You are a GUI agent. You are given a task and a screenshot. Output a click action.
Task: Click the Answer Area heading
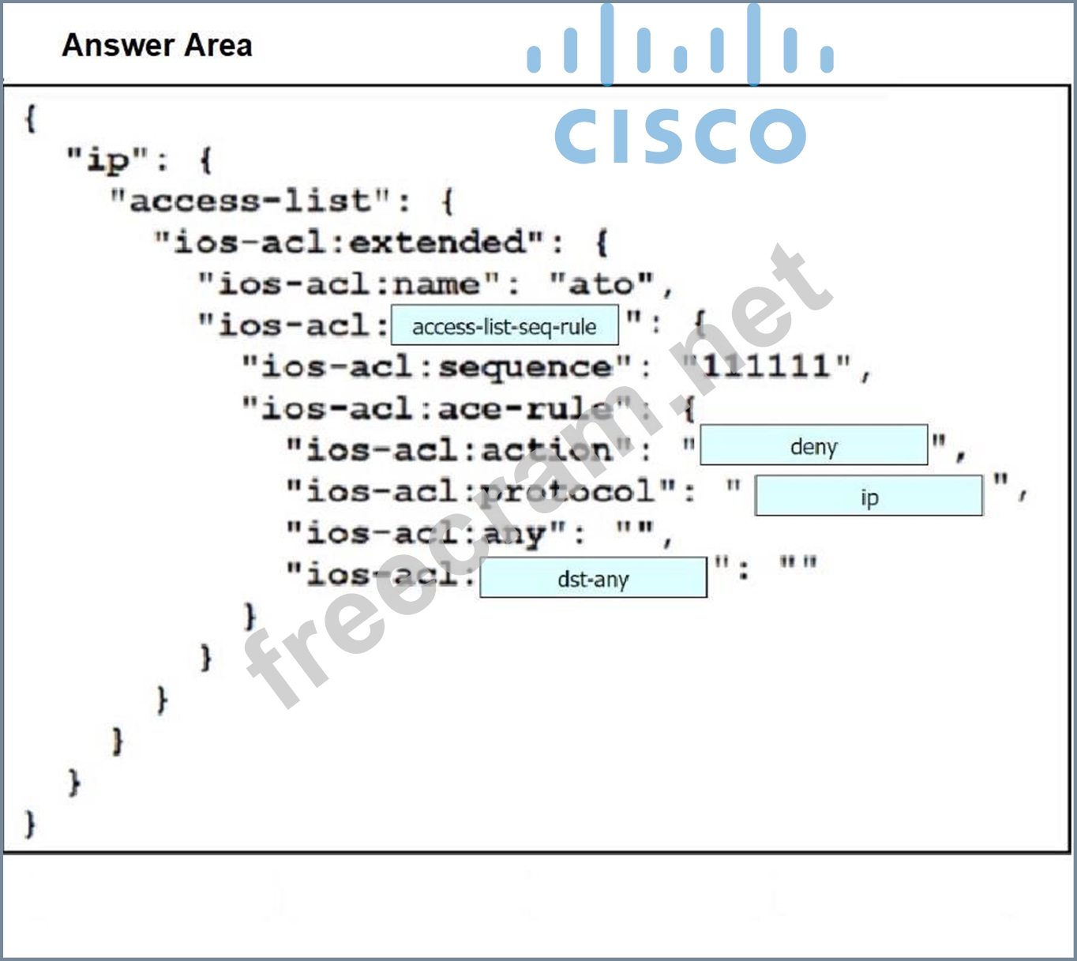[157, 46]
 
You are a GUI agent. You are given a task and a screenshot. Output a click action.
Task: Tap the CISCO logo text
[680, 136]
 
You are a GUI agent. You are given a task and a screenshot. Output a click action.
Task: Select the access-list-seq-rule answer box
[505, 327]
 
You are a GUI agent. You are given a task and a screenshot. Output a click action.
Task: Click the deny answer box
[813, 446]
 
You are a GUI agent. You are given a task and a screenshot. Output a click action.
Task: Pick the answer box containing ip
[869, 497]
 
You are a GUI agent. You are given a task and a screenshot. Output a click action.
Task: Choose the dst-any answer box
[593, 579]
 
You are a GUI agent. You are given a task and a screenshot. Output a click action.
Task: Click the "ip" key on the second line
[107, 160]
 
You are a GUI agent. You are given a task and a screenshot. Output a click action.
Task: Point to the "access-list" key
[250, 201]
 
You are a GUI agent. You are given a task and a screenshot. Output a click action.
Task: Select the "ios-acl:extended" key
[349, 242]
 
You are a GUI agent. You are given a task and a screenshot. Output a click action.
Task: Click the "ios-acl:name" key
[349, 284]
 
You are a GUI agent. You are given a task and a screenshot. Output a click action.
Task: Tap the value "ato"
[602, 284]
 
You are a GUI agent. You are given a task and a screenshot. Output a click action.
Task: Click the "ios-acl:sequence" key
[437, 367]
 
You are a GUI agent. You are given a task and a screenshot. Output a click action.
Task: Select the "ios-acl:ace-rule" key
[437, 409]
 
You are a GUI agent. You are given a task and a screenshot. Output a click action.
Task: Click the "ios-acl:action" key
[459, 450]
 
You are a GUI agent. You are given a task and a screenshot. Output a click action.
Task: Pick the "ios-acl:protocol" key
[481, 491]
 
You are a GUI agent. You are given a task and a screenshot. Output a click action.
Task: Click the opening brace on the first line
[30, 119]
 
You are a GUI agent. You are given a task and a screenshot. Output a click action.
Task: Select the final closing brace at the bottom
[30, 823]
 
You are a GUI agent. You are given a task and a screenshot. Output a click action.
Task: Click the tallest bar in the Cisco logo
[606, 44]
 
